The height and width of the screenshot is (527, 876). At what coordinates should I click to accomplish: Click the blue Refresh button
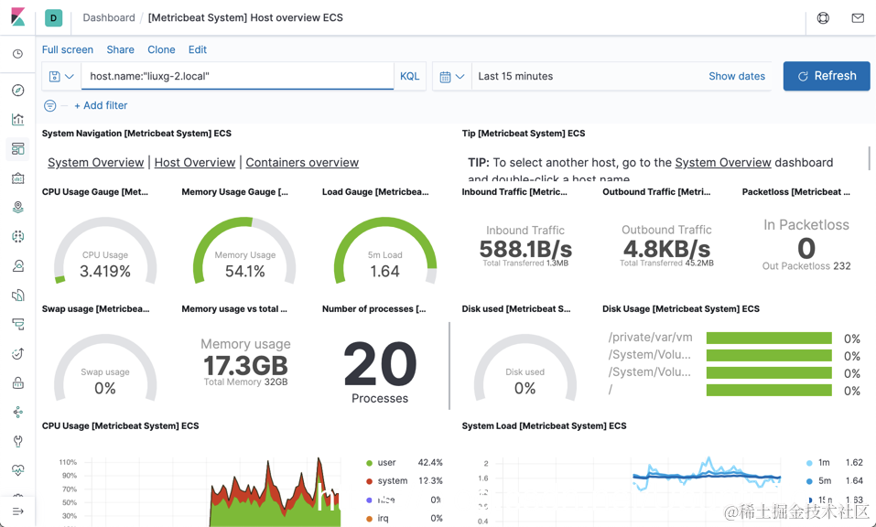pos(826,76)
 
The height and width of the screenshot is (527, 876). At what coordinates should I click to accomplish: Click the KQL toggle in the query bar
pos(409,76)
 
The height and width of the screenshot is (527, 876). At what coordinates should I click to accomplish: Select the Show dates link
pos(736,76)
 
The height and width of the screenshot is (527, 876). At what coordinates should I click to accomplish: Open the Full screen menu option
pos(68,49)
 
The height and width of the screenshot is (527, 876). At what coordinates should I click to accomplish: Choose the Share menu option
pos(120,49)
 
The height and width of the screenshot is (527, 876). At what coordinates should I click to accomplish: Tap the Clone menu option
pos(161,49)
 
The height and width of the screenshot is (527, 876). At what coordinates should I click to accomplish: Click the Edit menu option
pos(197,49)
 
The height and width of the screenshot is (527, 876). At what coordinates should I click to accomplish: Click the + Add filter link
pos(101,105)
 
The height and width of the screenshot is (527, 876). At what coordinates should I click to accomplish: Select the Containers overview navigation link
pos(302,162)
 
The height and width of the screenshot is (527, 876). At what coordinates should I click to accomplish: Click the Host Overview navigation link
pos(195,162)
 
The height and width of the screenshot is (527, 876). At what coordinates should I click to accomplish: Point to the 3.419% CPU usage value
pos(105,271)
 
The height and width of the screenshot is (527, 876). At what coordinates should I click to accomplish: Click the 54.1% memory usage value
pos(245,271)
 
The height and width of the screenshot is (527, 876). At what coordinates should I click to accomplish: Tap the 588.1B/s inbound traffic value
pos(525,249)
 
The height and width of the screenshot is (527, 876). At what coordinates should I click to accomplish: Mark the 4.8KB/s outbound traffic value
pos(666,249)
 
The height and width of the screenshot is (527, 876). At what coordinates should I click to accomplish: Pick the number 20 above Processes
pos(380,364)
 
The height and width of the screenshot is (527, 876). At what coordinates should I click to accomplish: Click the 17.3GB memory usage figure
pos(245,365)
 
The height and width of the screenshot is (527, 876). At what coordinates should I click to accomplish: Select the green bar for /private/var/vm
pos(769,338)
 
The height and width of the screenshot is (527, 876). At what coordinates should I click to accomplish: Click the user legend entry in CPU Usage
pos(386,463)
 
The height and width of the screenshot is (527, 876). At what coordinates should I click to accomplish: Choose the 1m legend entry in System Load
pos(824,463)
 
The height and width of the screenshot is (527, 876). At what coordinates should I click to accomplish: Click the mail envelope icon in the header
pos(857,17)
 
